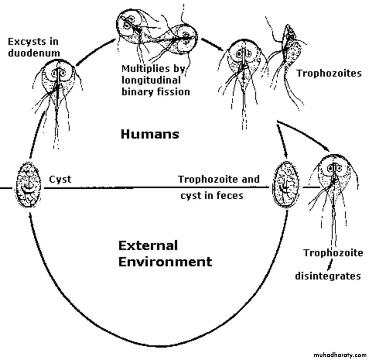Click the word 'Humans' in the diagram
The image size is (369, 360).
pos(150,134)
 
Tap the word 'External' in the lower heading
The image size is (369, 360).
pos(148,246)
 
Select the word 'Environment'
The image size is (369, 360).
pos(165,262)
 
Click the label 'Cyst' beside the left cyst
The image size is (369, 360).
pos(60,180)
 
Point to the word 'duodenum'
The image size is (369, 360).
pos(34,53)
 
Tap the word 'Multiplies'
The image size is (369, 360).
pos(145,69)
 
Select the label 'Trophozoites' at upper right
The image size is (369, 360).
pos(329,73)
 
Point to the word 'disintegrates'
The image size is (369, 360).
pos(328,276)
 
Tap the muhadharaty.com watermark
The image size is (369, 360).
pos(340,355)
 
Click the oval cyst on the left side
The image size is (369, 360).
pos(28,185)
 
